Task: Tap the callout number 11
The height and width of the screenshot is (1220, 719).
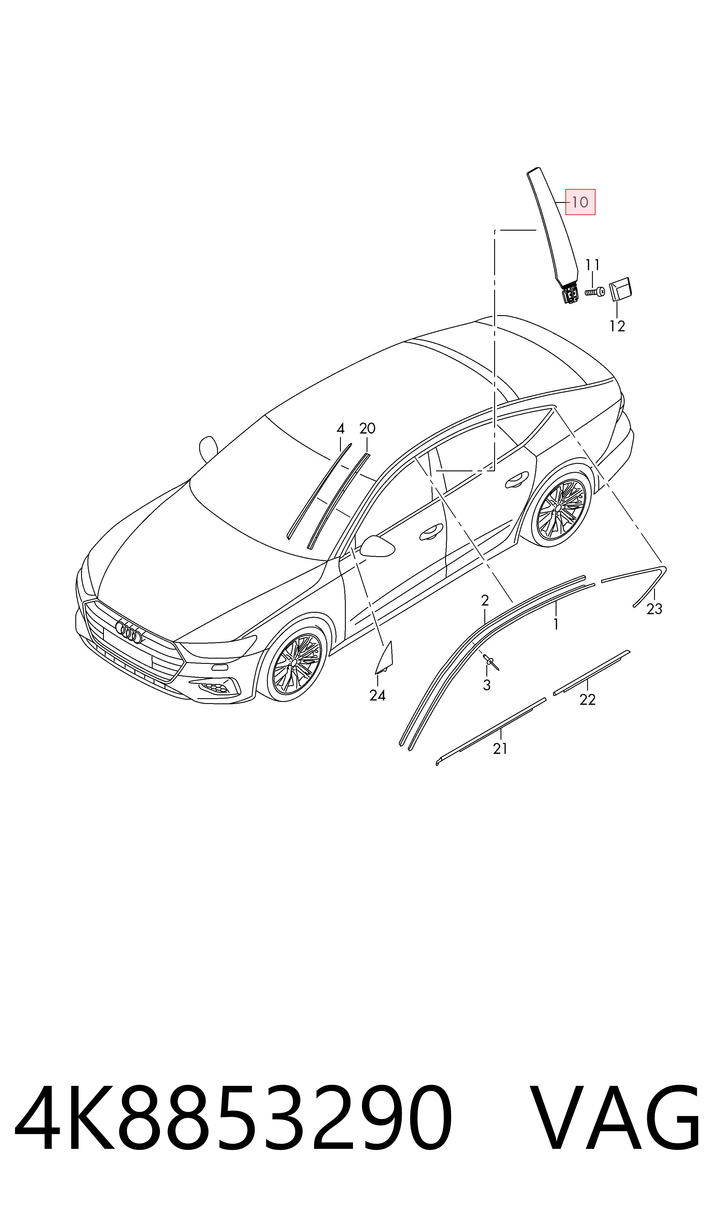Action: (593, 265)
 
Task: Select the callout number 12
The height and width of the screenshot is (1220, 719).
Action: (617, 326)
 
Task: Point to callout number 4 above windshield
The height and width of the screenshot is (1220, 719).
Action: (341, 429)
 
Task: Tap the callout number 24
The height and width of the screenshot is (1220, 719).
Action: (378, 696)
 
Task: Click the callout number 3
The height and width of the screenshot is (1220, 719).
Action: (486, 685)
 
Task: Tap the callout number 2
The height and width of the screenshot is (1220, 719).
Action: (485, 601)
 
